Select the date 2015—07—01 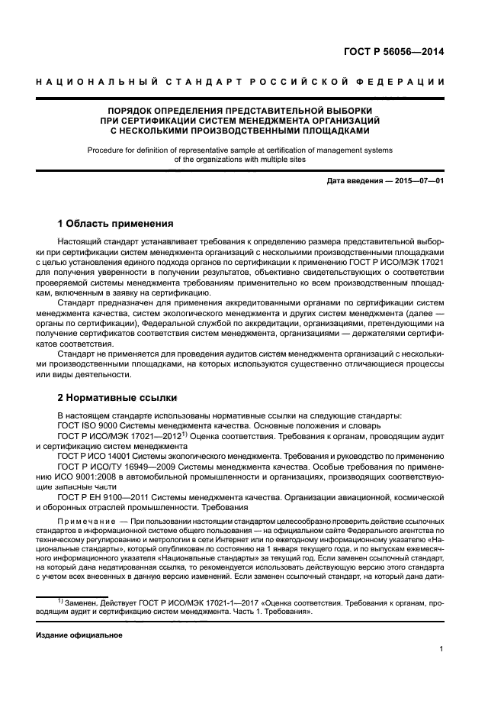[x=417, y=180]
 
